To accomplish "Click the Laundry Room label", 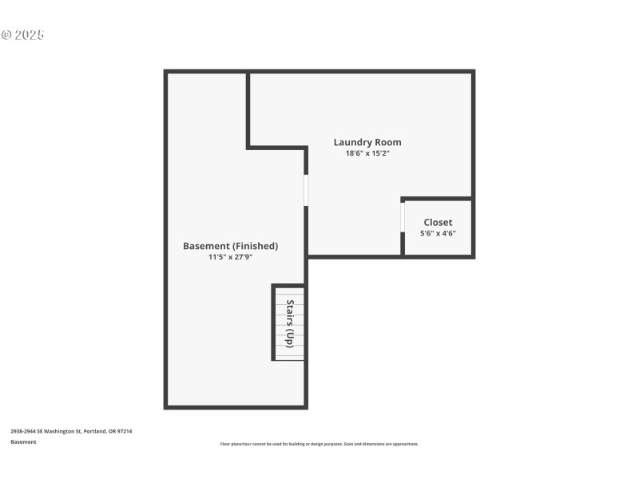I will click(367, 142).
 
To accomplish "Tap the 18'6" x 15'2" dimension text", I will click(367, 153).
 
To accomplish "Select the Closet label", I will click(438, 222).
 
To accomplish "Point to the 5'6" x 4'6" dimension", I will click(438, 233).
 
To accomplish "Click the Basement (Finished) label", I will click(230, 246).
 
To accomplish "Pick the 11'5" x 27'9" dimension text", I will click(230, 257).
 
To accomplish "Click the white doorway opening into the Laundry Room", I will click(306, 190).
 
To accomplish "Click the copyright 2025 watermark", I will click(22, 35).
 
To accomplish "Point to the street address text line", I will click(71, 431).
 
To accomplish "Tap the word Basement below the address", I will click(23, 441).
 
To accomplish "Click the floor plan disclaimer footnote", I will click(319, 444).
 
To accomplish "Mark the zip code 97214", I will click(124, 431).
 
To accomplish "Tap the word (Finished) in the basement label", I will click(255, 246).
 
